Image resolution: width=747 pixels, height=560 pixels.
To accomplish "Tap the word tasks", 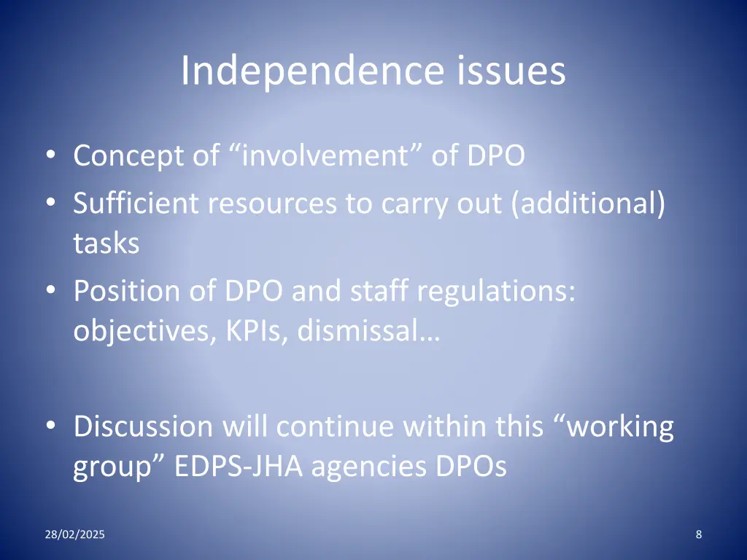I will pos(106,243).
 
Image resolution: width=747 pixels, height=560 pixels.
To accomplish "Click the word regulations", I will pos(496,292).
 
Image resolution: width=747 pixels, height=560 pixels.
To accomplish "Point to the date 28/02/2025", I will pos(74,535).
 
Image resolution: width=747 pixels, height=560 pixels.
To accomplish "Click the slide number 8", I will pos(699,535).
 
